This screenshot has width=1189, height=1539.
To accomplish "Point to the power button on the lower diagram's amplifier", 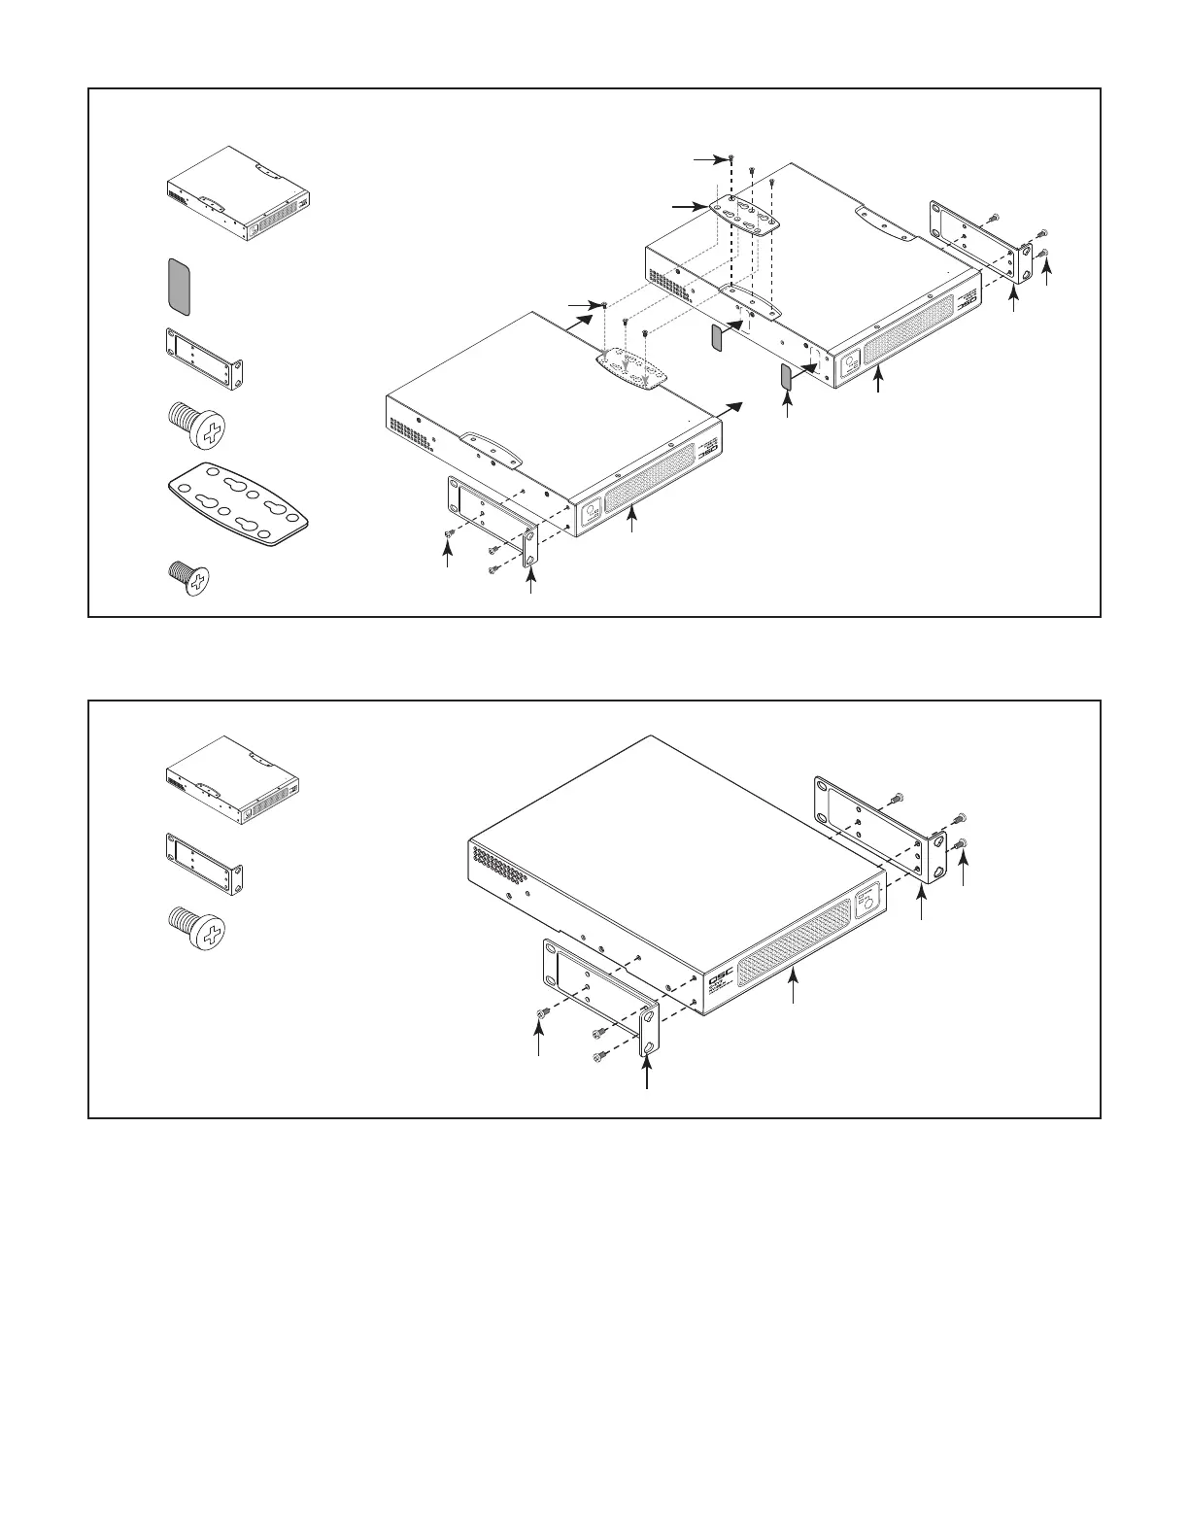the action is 867,899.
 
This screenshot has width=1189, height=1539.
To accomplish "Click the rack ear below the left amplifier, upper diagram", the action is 492,520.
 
